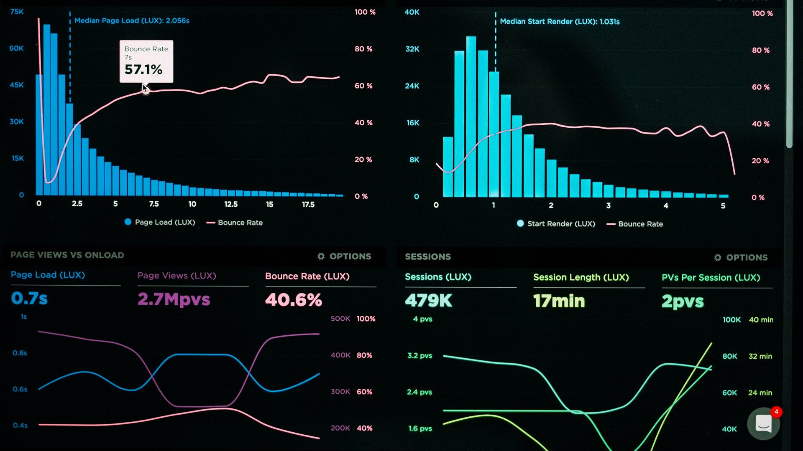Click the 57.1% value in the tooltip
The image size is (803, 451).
coord(143,69)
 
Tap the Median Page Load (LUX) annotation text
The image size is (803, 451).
coord(132,20)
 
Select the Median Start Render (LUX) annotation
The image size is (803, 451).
coord(560,21)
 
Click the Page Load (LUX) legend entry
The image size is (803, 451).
coord(160,222)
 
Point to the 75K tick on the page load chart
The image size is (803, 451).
coord(17,12)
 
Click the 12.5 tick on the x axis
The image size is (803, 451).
coord(231,204)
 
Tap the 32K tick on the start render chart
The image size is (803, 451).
coord(412,49)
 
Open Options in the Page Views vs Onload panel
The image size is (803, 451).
coord(344,256)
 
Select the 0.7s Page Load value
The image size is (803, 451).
coord(29,298)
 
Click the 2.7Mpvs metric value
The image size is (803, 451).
coord(174,299)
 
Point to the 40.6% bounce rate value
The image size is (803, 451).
coord(294,300)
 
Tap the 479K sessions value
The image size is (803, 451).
coord(428,301)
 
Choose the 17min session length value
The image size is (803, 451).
coord(559,301)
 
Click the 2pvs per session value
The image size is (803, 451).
coord(683,302)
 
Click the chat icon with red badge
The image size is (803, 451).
coord(764,423)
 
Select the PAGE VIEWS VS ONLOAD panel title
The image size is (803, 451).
coord(67,255)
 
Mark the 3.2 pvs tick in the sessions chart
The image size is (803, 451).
coord(419,356)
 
